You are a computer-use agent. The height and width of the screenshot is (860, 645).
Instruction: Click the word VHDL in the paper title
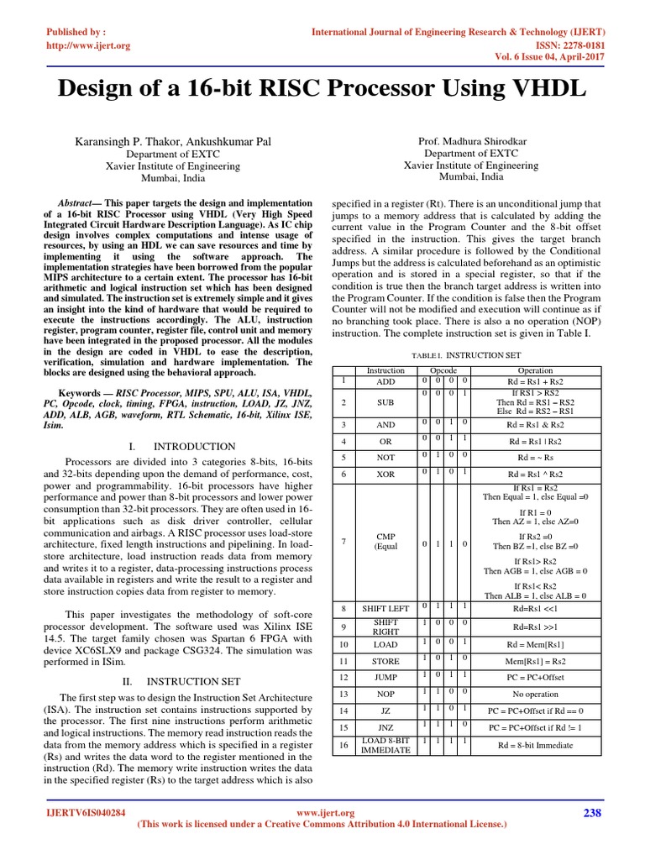pyautogui.click(x=543, y=88)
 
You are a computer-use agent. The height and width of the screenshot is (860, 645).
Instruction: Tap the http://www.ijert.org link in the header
pyautogui.click(x=87, y=45)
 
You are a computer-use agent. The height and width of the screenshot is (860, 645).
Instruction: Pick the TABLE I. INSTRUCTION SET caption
pyautogui.click(x=465, y=356)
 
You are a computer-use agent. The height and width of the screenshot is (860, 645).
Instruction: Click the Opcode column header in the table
pyautogui.click(x=443, y=370)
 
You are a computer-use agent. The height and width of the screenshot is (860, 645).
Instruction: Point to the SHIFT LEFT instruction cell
pyautogui.click(x=385, y=608)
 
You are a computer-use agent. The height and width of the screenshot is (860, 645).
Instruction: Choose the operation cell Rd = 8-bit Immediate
pyautogui.click(x=535, y=745)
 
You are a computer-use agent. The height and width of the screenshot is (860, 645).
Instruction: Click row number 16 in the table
pyautogui.click(x=343, y=745)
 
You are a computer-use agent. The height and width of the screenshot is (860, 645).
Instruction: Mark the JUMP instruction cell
pyautogui.click(x=385, y=677)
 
